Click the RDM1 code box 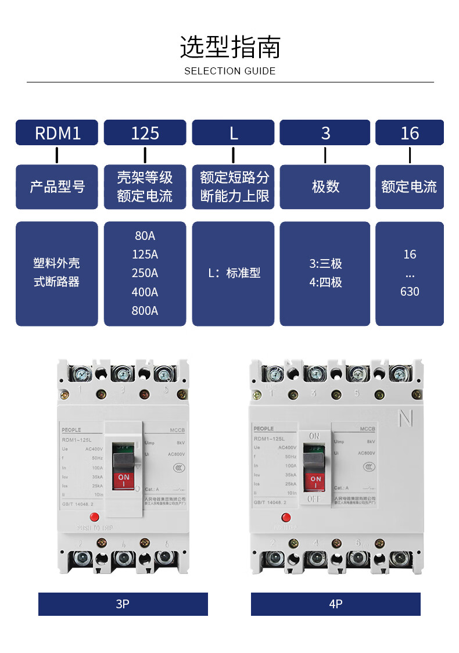point(57,132)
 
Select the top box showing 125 point(145,132)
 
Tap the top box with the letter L point(233,132)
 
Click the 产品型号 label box point(57,186)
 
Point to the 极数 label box point(325,186)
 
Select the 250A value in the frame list point(145,273)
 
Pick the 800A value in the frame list point(145,311)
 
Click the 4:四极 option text point(325,283)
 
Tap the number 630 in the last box point(409,292)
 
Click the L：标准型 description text point(234,273)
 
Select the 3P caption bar point(123,604)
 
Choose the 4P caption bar point(335,604)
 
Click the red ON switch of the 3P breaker point(124,480)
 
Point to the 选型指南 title point(229,48)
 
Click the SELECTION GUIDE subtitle point(229,71)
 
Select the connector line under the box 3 point(325,155)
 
